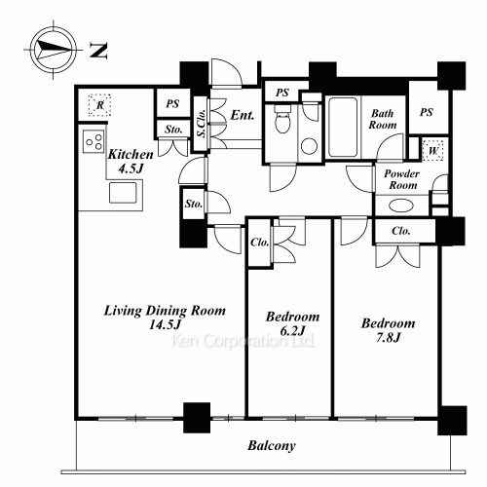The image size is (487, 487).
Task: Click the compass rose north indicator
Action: click(x=53, y=50)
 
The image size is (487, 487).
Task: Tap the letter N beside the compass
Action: click(x=98, y=51)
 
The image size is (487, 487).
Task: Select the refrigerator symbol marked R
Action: click(x=100, y=105)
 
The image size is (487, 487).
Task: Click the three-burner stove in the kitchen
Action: click(x=94, y=141)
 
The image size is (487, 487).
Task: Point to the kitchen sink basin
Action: click(x=123, y=193)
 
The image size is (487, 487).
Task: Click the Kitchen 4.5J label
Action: click(x=131, y=162)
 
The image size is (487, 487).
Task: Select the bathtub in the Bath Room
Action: click(x=343, y=128)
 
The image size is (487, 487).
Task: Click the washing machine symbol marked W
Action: click(x=433, y=150)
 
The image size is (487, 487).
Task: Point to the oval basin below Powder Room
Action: click(x=401, y=206)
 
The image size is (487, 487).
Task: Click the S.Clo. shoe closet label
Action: click(x=201, y=123)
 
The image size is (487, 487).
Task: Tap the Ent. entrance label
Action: click(x=243, y=115)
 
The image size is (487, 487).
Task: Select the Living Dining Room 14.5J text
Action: click(x=165, y=317)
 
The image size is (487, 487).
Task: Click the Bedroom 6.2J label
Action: click(x=292, y=323)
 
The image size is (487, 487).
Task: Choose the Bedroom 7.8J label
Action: click(x=389, y=330)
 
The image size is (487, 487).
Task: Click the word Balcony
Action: click(x=272, y=446)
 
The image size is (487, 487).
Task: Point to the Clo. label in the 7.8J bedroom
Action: click(x=401, y=231)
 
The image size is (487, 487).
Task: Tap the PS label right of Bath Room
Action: click(x=427, y=112)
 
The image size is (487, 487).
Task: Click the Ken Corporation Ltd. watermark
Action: click(x=243, y=341)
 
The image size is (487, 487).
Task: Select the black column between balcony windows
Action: click(x=197, y=418)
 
